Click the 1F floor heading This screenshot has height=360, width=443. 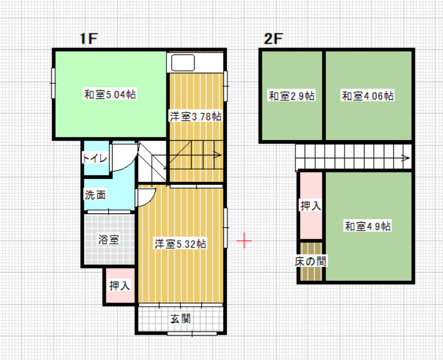[x=88, y=39]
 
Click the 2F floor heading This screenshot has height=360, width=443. [x=273, y=39]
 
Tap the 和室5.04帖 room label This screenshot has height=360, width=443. [x=110, y=94]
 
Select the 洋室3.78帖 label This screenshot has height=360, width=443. [x=196, y=117]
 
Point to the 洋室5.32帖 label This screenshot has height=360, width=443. [x=180, y=244]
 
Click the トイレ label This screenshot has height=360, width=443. [x=95, y=158]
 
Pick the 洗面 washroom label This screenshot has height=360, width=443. [x=95, y=195]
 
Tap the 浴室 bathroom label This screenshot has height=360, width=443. [x=109, y=240]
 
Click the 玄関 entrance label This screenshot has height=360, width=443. [x=180, y=319]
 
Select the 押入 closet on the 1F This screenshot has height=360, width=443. [x=120, y=286]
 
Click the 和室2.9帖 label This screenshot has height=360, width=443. [x=292, y=96]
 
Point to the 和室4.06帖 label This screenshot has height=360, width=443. [x=368, y=96]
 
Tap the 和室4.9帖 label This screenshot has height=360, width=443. [x=368, y=226]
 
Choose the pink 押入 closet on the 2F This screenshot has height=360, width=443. [x=311, y=206]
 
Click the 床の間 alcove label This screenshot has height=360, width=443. [x=311, y=261]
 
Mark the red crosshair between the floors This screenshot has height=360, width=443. [x=244, y=240]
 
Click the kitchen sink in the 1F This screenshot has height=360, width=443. [x=183, y=63]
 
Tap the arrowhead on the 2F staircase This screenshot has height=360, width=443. [x=406, y=158]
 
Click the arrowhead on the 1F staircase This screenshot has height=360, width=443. [x=217, y=155]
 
